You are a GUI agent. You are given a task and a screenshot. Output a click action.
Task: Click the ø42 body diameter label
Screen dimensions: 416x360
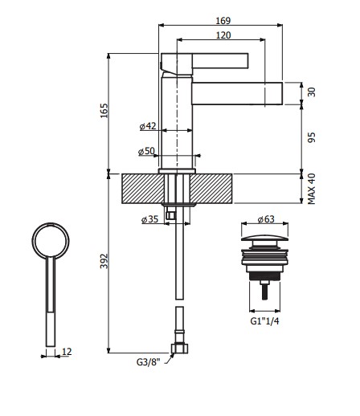tap(147, 126)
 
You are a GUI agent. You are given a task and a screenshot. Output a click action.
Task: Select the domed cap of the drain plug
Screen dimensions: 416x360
tap(265, 238)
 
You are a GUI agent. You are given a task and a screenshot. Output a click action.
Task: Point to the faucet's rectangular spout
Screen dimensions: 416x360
tap(241, 93)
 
